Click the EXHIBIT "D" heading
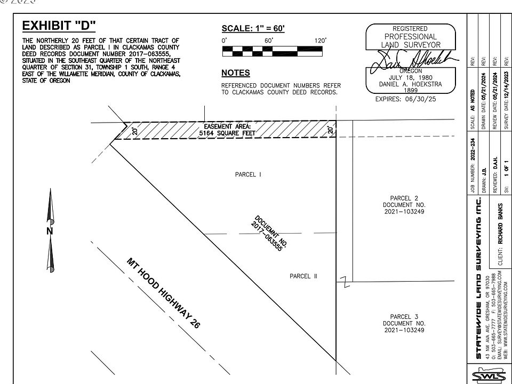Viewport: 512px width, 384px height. tap(59, 26)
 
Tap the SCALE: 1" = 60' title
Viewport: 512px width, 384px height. tap(253, 28)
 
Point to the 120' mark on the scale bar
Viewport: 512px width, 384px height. tap(320, 41)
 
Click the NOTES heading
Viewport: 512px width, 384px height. tap(235, 73)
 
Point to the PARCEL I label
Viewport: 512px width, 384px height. tap(248, 174)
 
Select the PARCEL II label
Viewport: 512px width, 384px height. tap(303, 276)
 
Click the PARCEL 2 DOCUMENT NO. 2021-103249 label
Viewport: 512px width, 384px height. tap(404, 205)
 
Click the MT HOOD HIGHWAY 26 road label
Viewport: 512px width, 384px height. tap(163, 293)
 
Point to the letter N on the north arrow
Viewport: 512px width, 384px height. tap(50, 231)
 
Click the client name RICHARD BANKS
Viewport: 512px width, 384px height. tap(500, 224)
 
